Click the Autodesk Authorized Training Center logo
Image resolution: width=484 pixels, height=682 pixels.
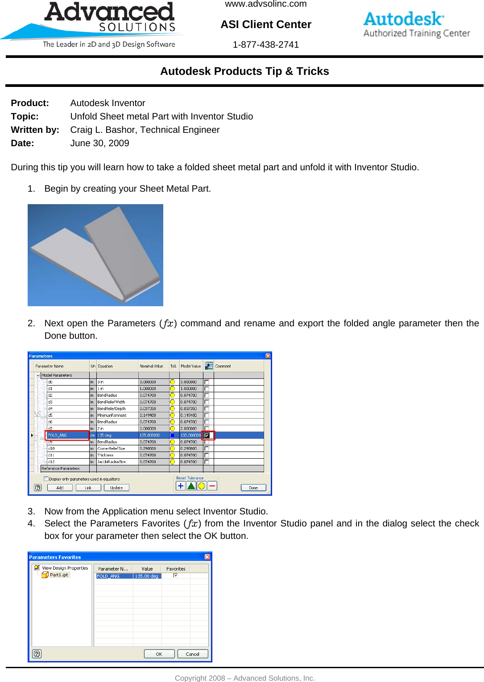[x=416, y=25]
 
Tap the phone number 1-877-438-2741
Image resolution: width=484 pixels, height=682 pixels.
[x=266, y=45]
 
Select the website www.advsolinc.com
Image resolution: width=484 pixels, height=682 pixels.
[x=266, y=4]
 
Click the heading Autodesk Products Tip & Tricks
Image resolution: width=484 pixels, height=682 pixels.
[x=244, y=71]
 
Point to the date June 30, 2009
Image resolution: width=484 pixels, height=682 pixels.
[x=99, y=143]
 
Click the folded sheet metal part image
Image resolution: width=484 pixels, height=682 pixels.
[x=95, y=255]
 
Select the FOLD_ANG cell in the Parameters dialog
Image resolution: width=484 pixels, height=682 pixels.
[x=67, y=435]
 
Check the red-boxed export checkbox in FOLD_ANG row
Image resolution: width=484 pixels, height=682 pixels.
[x=207, y=435]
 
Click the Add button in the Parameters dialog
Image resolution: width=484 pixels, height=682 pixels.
[x=60, y=488]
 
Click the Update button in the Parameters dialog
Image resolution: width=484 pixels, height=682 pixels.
[x=116, y=488]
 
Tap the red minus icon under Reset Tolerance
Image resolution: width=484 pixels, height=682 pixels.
[x=212, y=486]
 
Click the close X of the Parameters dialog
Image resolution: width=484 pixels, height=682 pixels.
[x=268, y=356]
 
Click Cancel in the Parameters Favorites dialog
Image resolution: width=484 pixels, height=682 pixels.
[x=193, y=654]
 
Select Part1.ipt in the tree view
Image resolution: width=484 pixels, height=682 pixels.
[x=59, y=575]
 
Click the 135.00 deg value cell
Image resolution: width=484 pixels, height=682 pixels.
[x=147, y=576]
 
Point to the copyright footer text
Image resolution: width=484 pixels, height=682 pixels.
[x=244, y=678]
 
